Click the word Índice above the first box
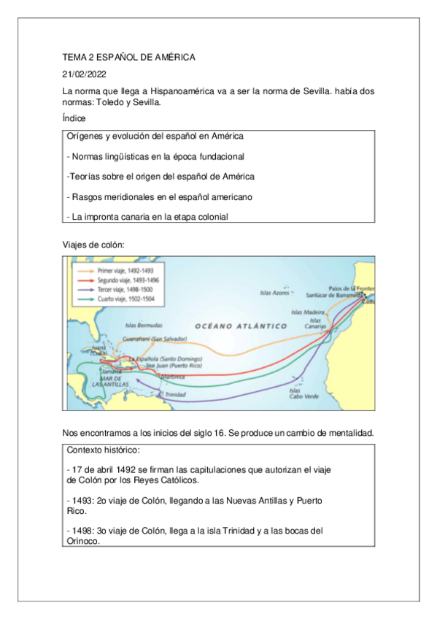point(74,118)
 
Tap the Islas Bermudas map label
point(144,325)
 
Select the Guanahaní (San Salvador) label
point(155,339)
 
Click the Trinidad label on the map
point(176,394)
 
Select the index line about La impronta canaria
point(147,217)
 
